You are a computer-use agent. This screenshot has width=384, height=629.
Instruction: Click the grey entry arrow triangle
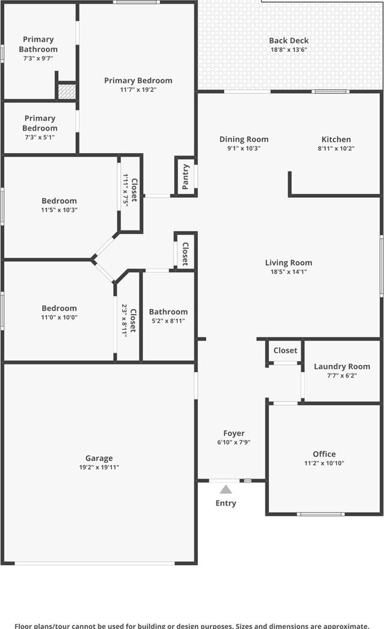pyautogui.click(x=226, y=489)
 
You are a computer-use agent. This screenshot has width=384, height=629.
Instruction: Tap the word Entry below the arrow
pyautogui.click(x=226, y=503)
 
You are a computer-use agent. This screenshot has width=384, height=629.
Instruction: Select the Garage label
pyautogui.click(x=99, y=458)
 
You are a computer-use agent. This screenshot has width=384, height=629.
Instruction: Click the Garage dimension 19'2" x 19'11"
pyautogui.click(x=99, y=468)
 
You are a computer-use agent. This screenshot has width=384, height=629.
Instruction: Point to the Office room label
pyautogui.click(x=324, y=454)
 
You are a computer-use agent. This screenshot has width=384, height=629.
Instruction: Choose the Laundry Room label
pyautogui.click(x=342, y=367)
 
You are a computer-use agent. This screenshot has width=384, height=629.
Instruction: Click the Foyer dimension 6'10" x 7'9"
pyautogui.click(x=234, y=443)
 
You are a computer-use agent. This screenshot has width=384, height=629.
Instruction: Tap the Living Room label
pyautogui.click(x=289, y=263)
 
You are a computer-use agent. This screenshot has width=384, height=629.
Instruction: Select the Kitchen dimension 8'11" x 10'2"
pyautogui.click(x=336, y=148)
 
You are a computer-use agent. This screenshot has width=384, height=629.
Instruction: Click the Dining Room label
pyautogui.click(x=244, y=139)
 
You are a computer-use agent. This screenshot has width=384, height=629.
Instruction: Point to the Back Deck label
pyautogui.click(x=289, y=41)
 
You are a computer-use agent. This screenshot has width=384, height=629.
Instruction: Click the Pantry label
pyautogui.click(x=185, y=176)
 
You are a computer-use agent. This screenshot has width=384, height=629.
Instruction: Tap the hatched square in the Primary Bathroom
pyautogui.click(x=67, y=92)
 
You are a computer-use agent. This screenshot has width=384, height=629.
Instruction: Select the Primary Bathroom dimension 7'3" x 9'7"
pyautogui.click(x=38, y=58)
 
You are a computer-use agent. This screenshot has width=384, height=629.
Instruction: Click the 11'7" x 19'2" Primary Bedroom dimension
pyautogui.click(x=138, y=90)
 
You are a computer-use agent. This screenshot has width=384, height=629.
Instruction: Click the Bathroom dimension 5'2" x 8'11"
pyautogui.click(x=168, y=321)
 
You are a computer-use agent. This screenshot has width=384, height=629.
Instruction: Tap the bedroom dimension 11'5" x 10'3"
pyautogui.click(x=59, y=210)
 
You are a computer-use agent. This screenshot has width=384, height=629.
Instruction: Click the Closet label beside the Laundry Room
pyautogui.click(x=285, y=350)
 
